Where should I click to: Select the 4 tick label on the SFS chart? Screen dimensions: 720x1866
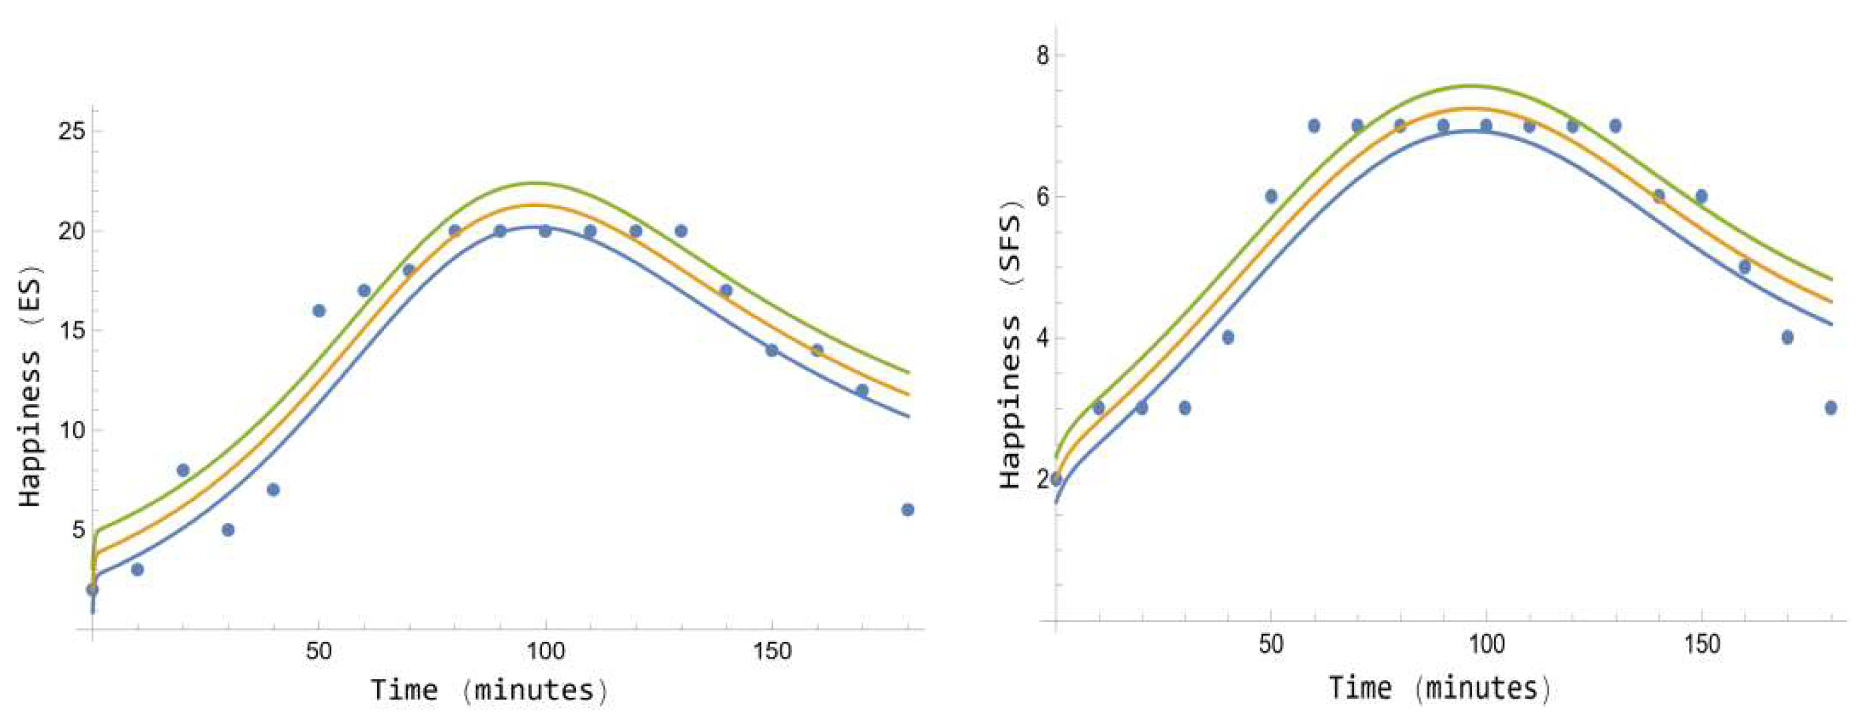[1042, 338]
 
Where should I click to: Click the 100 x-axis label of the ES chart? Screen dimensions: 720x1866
[545, 651]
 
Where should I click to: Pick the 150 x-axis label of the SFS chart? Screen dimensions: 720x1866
[1701, 644]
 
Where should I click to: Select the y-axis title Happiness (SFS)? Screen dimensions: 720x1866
[1010, 351]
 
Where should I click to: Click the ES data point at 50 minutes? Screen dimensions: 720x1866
[318, 311]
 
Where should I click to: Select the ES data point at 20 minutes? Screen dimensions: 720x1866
[182, 470]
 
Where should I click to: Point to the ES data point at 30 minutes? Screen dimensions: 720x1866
[228, 530]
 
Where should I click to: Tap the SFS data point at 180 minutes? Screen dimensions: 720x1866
[1831, 408]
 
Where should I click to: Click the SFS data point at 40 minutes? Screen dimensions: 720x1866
[1228, 337]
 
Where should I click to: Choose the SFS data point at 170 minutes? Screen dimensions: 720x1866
[1787, 337]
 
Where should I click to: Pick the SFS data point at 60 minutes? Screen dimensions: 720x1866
[1314, 126]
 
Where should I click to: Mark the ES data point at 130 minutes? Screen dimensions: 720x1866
[681, 231]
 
